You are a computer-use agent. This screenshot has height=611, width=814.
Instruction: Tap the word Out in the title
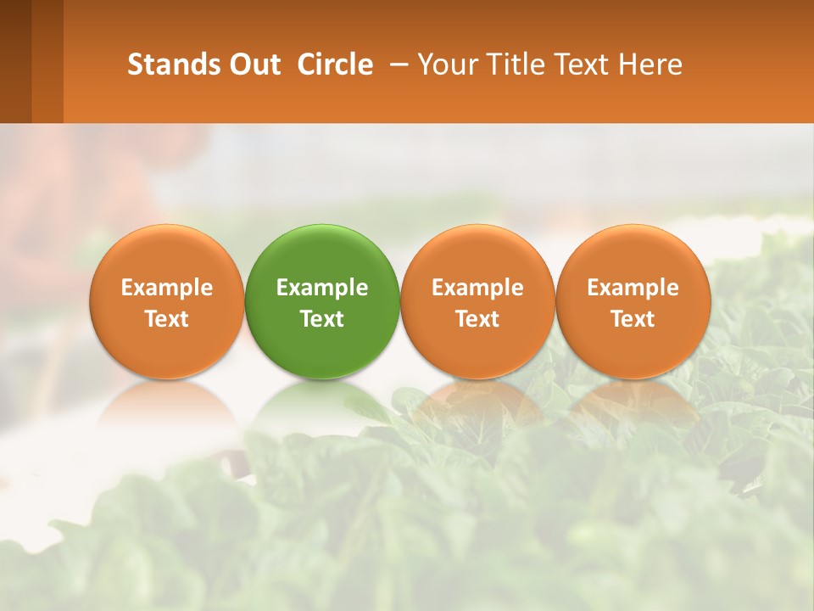[x=253, y=64]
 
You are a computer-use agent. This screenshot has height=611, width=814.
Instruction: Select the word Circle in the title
[x=335, y=64]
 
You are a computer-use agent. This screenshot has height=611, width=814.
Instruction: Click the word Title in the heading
[x=516, y=64]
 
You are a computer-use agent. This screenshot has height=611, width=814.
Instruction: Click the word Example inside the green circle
[x=322, y=288]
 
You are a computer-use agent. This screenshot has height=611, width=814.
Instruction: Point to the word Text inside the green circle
[x=322, y=319]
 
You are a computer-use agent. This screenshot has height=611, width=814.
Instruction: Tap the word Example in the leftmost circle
[x=166, y=288]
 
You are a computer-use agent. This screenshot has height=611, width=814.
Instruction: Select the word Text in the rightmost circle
[x=633, y=319]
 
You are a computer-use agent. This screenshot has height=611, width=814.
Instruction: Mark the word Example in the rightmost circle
[x=633, y=288]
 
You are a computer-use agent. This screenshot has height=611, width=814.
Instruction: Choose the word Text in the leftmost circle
[x=166, y=319]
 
